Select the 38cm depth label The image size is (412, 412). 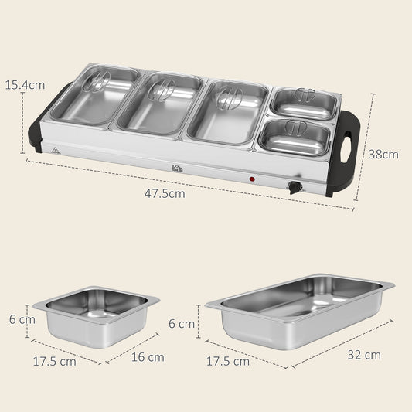click(383, 154)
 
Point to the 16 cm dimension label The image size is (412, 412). click(148, 357)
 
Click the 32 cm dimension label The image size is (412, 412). click(363, 355)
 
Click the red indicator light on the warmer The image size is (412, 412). click(252, 179)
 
